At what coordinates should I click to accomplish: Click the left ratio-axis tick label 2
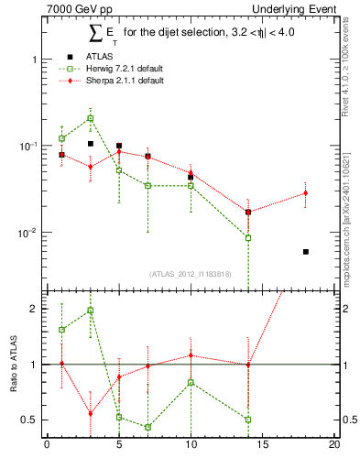click(34, 309)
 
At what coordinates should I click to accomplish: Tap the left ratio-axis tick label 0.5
click(30, 420)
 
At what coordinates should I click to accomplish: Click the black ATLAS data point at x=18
click(306, 252)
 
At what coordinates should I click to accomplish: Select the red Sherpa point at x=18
click(306, 193)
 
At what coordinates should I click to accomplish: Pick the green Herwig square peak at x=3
click(90, 118)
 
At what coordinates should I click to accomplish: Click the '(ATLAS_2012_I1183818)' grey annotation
click(190, 274)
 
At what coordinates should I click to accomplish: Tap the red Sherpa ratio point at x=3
click(90, 413)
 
